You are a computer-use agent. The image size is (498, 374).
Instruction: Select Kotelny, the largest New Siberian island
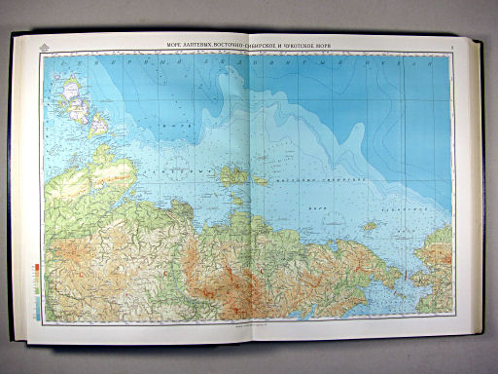pos(233,175)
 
